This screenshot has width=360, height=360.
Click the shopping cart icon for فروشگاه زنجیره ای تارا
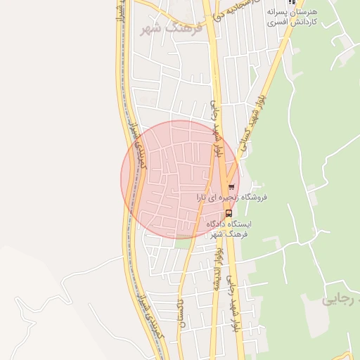231,187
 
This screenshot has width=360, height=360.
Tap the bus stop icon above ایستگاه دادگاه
228,212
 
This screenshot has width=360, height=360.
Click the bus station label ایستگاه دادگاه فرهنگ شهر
229,229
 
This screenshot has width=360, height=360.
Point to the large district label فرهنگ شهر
171,29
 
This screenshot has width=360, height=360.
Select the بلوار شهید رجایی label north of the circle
217,127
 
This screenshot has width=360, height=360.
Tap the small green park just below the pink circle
182,243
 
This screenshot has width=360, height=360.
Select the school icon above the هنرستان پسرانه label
292,2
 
